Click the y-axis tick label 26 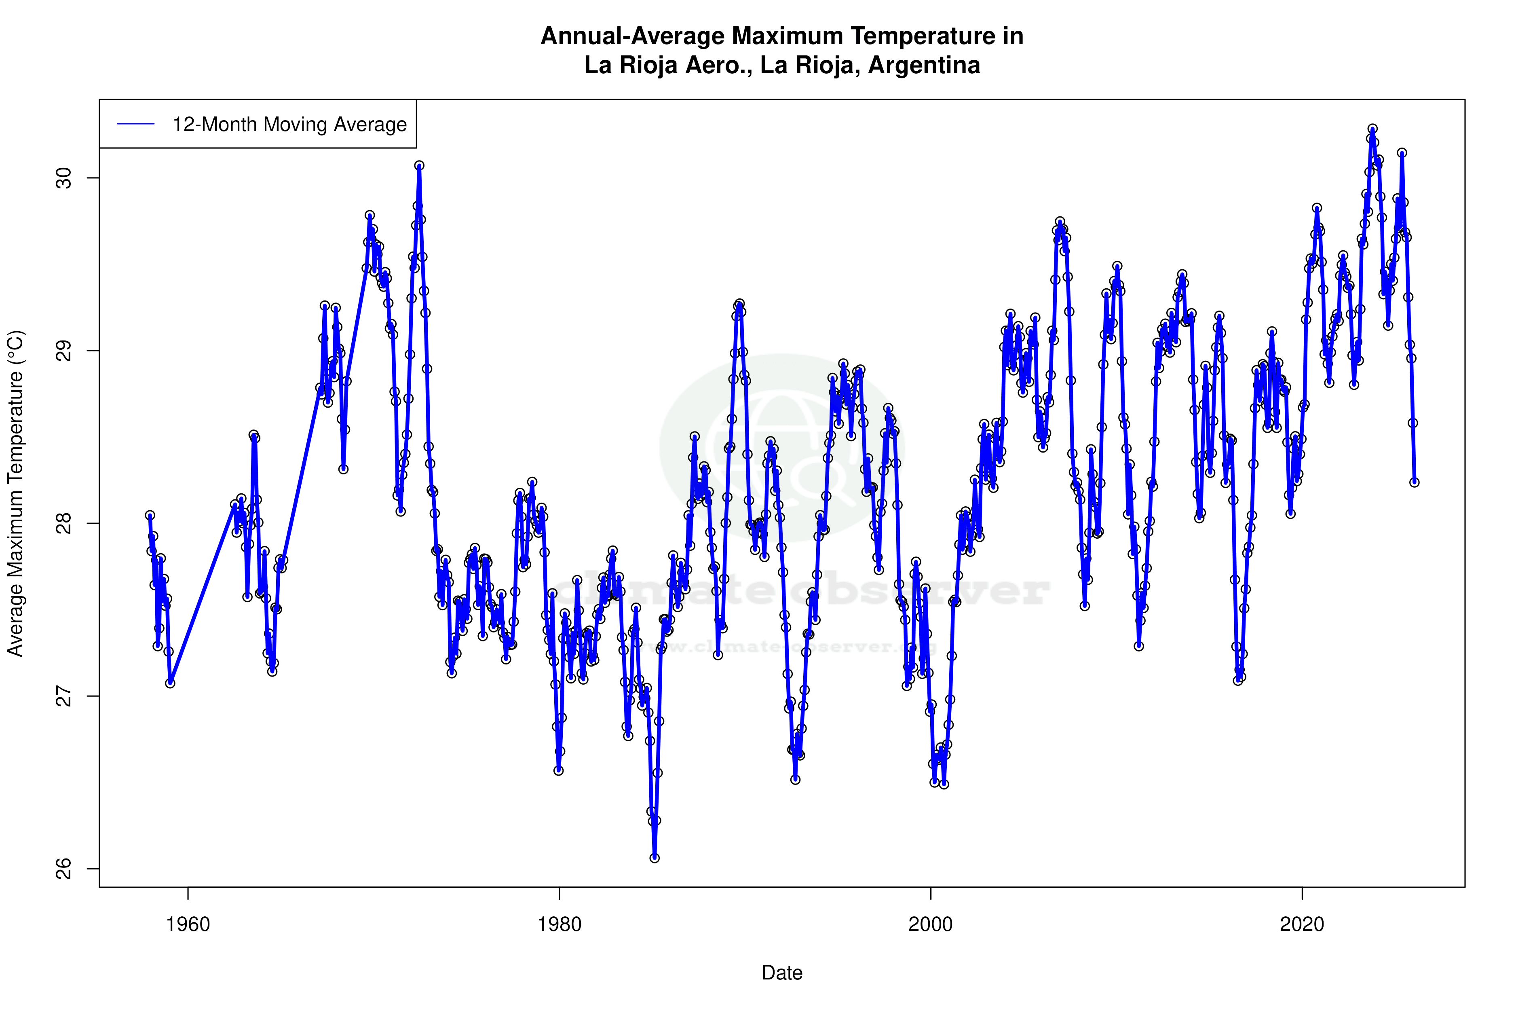tap(63, 869)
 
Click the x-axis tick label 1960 tap(188, 924)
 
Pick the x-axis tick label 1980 tap(560, 924)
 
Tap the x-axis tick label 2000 tap(931, 924)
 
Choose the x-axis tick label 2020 tap(1302, 924)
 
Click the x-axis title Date tap(782, 973)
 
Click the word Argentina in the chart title tap(924, 65)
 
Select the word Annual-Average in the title tap(633, 36)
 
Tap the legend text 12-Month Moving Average tap(289, 125)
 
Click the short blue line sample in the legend tap(136, 125)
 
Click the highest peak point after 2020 tap(1373, 129)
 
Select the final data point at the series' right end tap(1414, 482)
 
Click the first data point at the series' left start tap(150, 515)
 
